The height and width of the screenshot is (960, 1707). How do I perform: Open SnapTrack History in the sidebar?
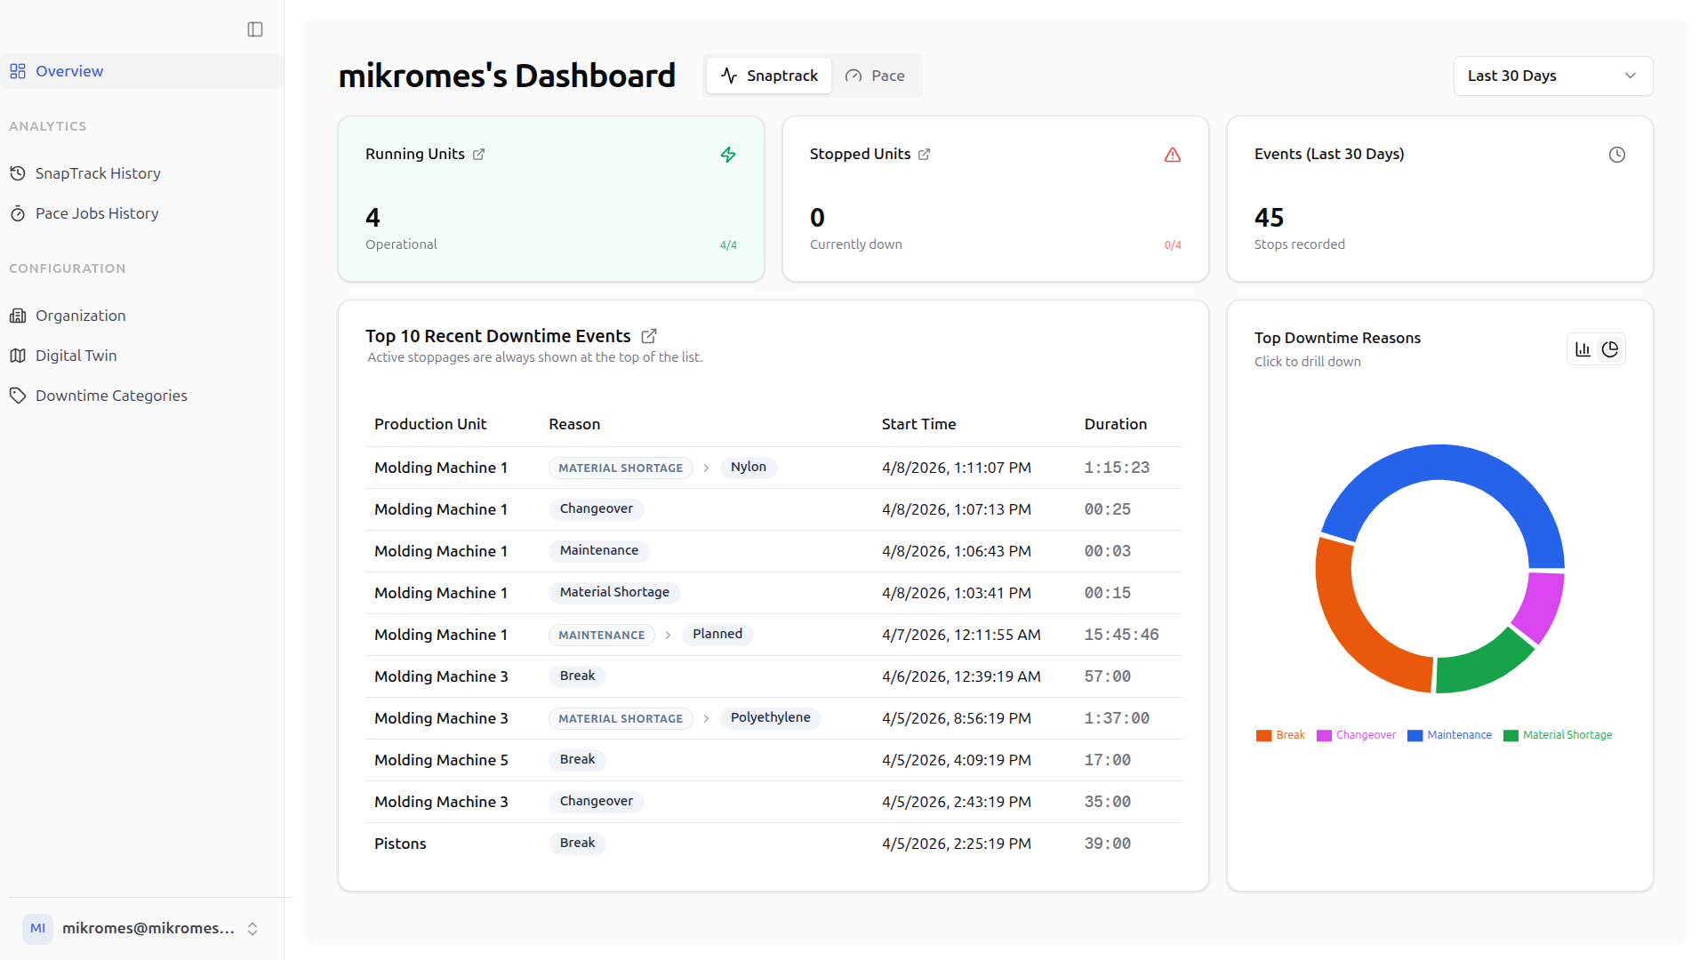click(x=98, y=173)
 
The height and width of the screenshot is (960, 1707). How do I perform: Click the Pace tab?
click(x=875, y=76)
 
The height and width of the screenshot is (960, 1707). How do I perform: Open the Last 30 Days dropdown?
click(x=1553, y=76)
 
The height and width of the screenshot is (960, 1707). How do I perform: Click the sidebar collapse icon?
click(x=255, y=29)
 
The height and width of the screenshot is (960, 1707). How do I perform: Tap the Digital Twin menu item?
click(x=76, y=356)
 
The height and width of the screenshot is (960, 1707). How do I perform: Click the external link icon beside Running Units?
click(x=478, y=154)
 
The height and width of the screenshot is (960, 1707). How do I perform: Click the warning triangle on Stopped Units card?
click(x=1173, y=155)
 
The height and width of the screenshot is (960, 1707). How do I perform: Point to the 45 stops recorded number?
click(x=1269, y=218)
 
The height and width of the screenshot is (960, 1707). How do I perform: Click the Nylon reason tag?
click(x=748, y=468)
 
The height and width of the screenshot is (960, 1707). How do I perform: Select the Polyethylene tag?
click(x=770, y=718)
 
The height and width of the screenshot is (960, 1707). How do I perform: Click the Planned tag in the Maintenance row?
click(x=717, y=635)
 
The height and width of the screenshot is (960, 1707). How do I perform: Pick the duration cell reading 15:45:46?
click(x=1121, y=635)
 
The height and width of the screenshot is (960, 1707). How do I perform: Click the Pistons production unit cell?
click(x=400, y=844)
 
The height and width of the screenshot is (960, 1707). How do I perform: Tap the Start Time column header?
click(x=918, y=424)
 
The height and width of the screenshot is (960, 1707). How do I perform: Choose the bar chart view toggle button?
click(x=1583, y=349)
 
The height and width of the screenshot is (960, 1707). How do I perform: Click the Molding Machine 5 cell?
click(x=441, y=760)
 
